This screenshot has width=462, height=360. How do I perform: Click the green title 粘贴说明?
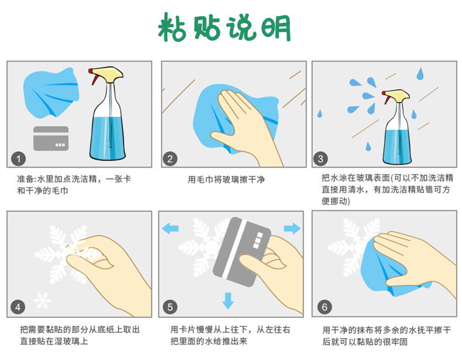click(x=225, y=27)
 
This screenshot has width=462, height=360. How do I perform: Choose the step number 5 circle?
click(x=170, y=307)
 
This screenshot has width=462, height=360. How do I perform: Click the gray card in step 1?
click(x=51, y=139)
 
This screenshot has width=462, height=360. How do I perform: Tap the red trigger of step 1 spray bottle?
click(x=92, y=76)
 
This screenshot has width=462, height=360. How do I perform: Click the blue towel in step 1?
click(x=49, y=92)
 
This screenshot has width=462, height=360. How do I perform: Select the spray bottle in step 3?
click(x=397, y=130)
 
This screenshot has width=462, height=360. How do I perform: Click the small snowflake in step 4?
click(x=40, y=300)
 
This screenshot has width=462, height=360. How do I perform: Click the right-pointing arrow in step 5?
click(x=292, y=228)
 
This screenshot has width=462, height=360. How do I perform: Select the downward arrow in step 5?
click(x=229, y=300)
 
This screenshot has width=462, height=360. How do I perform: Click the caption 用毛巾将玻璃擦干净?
click(x=226, y=180)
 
